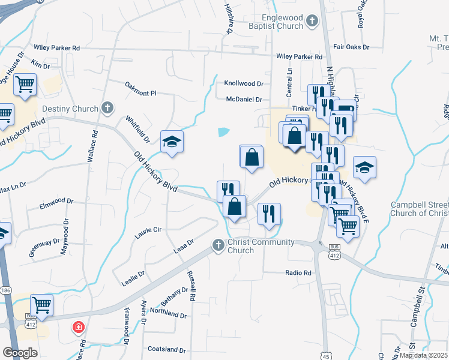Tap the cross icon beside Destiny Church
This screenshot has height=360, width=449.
click(x=107, y=108)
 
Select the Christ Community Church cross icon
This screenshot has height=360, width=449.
click(x=218, y=245)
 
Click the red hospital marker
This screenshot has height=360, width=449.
click(x=78, y=328)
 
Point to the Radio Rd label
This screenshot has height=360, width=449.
click(x=298, y=272)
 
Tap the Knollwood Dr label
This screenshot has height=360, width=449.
click(x=244, y=83)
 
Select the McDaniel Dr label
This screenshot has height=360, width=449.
click(x=244, y=100)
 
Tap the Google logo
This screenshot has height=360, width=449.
click(x=20, y=353)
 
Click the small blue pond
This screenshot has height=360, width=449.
click(x=223, y=131)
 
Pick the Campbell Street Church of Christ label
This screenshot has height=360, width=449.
click(x=419, y=209)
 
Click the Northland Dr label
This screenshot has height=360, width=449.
click(x=168, y=313)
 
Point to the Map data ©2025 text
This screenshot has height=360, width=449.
click(x=423, y=355)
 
